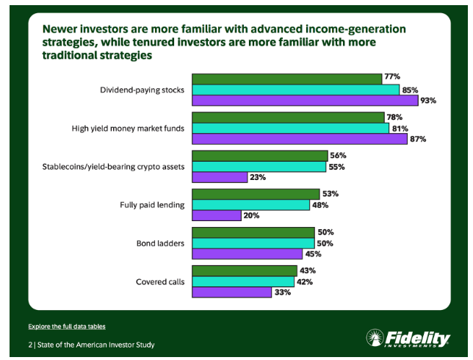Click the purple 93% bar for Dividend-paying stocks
(x=305, y=101)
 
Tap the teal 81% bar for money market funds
(x=290, y=128)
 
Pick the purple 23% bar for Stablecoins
(x=220, y=177)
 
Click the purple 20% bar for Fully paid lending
(x=216, y=215)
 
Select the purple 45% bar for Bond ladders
(x=247, y=254)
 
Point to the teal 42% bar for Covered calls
(x=243, y=281)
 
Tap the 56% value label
(x=337, y=155)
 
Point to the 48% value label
(x=319, y=205)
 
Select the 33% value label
(x=282, y=292)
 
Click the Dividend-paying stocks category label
(x=142, y=90)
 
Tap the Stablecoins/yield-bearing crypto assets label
(x=113, y=167)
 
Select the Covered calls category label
(x=160, y=281)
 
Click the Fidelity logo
(x=408, y=339)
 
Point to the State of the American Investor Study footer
(x=94, y=345)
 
